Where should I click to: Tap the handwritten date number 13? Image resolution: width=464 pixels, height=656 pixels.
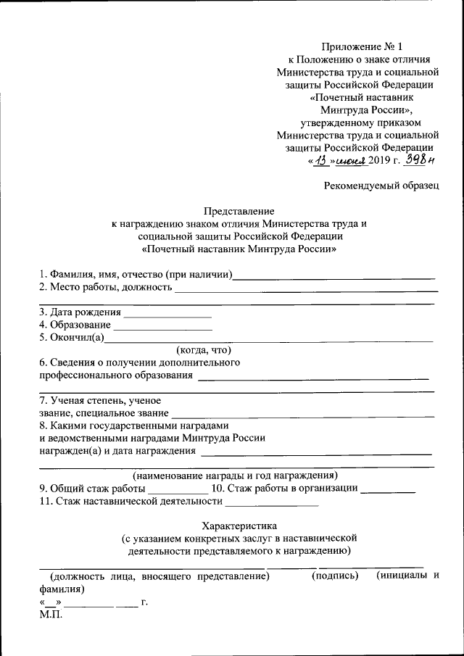[x=322, y=161]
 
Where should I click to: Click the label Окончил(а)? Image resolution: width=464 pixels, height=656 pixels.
[x=72, y=337]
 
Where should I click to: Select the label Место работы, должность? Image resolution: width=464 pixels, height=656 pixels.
[x=106, y=288]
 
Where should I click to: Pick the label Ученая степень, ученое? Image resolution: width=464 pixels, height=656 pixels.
[x=100, y=400]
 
